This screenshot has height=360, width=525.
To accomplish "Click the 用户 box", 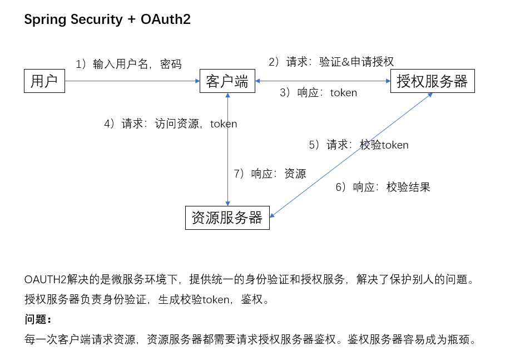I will [44, 81].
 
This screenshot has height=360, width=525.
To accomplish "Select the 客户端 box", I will [227, 81].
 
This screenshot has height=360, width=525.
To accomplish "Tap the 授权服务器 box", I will [432, 81].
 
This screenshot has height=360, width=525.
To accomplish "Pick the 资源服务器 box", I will [227, 218].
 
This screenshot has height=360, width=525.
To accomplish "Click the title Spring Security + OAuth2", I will [107, 19].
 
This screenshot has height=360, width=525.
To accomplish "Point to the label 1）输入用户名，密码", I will [128, 64].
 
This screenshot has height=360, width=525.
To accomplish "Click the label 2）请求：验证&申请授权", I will [331, 62].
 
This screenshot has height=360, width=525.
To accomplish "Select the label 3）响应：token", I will [318, 92].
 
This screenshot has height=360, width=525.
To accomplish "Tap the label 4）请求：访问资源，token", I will [170, 124].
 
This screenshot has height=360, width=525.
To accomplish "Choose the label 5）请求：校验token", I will [359, 145].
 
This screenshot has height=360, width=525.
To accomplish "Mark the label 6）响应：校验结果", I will [383, 187].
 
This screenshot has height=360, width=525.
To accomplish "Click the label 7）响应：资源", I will [270, 174].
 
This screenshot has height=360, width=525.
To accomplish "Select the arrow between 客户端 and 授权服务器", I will [323, 81].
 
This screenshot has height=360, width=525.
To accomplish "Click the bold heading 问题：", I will [38, 319].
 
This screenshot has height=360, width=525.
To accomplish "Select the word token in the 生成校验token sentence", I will [215, 299].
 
